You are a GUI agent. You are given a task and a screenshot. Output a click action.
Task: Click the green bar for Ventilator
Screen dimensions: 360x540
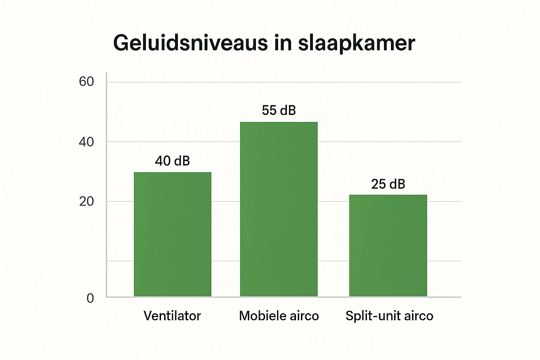(x=173, y=234)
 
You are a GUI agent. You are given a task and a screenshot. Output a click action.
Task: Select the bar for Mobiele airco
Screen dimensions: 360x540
(x=279, y=209)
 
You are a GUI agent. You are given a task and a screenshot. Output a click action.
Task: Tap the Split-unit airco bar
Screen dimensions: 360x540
(x=388, y=245)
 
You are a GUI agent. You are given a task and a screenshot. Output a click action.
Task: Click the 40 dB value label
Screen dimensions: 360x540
(x=173, y=161)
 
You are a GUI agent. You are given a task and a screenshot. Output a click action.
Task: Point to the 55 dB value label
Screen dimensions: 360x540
(x=279, y=110)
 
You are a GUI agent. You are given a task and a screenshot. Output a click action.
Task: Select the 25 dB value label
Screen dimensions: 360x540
(x=388, y=184)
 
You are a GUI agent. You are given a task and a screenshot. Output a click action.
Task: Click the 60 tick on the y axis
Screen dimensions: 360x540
(x=86, y=82)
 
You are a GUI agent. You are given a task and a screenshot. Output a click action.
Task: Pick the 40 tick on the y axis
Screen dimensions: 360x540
(x=86, y=142)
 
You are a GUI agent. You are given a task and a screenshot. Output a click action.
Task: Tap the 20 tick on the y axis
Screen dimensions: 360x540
(x=86, y=202)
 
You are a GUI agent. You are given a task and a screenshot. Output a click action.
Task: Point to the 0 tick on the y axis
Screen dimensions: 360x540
(x=90, y=298)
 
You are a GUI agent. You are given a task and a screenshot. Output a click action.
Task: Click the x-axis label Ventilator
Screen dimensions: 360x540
(x=172, y=316)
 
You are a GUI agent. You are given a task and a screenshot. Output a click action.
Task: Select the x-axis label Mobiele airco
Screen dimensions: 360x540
(x=279, y=316)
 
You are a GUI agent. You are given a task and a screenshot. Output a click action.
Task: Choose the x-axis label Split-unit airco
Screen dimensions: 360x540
(x=389, y=316)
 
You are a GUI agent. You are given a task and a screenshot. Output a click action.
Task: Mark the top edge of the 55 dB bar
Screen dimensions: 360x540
(x=279, y=122)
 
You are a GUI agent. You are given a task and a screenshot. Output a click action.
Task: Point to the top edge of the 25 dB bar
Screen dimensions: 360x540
(x=388, y=195)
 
